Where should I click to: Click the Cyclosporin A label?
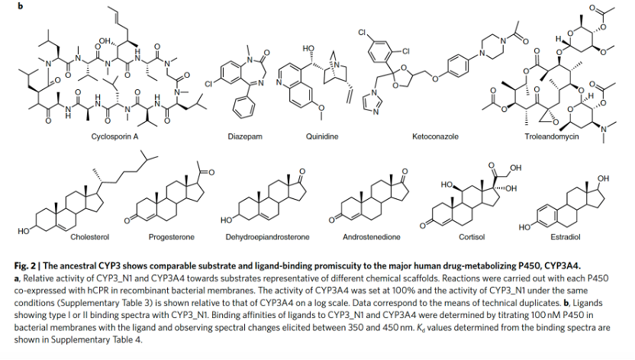click(115, 137)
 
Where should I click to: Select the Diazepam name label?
click(245, 137)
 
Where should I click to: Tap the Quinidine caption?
click(321, 137)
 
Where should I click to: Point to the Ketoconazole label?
click(435, 137)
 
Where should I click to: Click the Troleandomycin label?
click(552, 137)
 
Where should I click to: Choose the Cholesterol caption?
click(90, 237)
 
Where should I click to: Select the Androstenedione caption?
click(372, 237)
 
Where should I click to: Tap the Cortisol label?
click(471, 237)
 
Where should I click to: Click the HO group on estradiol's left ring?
click(524, 227)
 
